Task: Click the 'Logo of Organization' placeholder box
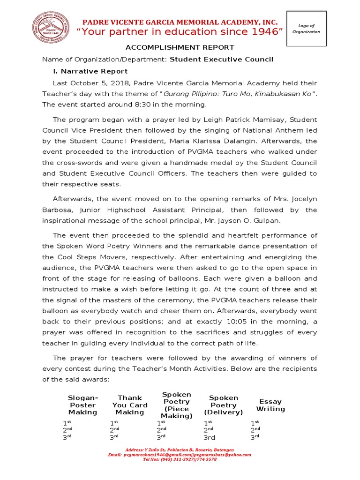pyautogui.click(x=306, y=29)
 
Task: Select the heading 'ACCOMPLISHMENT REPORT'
pyautogui.click(x=179, y=47)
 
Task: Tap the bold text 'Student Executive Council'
pyautogui.click(x=221, y=60)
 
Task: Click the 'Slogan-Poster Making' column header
pyautogui.click(x=83, y=405)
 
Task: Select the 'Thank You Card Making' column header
pyautogui.click(x=130, y=405)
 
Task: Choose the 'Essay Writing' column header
pyautogui.click(x=270, y=405)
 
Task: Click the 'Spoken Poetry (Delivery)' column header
pyautogui.click(x=224, y=405)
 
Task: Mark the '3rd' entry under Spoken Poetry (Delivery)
pyautogui.click(x=209, y=438)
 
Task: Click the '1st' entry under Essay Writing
pyautogui.click(x=255, y=423)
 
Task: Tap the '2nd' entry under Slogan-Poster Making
pyautogui.click(x=67, y=430)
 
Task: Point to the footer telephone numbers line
pyautogui.click(x=180, y=459)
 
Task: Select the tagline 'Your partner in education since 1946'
pyautogui.click(x=180, y=32)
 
